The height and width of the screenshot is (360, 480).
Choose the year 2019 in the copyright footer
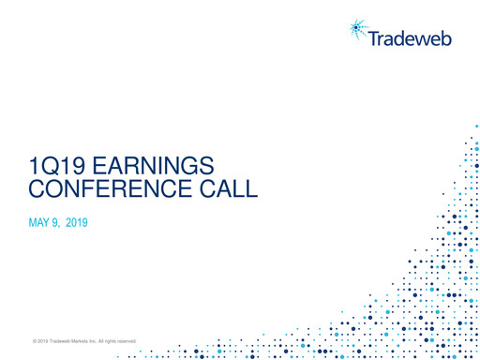[42, 340]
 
